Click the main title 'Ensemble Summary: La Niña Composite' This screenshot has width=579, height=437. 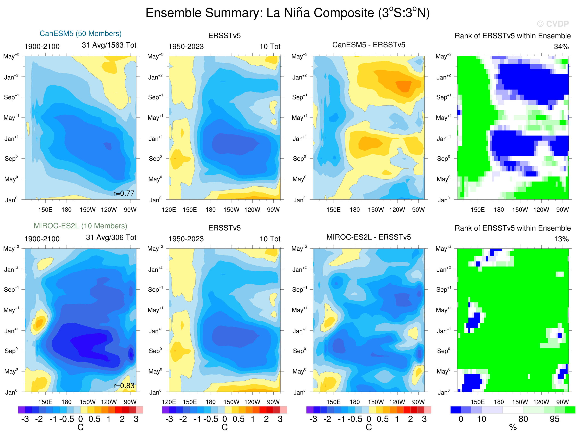[287, 13]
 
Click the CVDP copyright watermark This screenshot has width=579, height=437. [553, 24]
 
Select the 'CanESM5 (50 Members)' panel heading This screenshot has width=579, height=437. [81, 33]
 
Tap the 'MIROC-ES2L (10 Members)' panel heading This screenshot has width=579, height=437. [80, 226]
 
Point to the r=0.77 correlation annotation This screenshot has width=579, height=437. [124, 193]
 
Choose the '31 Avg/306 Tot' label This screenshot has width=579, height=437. [111, 237]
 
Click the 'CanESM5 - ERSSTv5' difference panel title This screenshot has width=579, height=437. [369, 45]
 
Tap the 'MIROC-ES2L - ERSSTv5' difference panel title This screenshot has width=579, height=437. [369, 237]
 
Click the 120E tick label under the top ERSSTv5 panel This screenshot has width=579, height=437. [169, 210]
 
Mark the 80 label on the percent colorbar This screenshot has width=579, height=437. [523, 419]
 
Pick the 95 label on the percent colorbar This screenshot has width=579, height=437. [554, 419]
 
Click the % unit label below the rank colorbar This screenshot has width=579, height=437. [513, 428]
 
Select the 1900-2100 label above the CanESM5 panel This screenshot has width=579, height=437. [42, 47]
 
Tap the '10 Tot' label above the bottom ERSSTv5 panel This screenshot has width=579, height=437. [270, 239]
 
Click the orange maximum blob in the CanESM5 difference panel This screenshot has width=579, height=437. [404, 86]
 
